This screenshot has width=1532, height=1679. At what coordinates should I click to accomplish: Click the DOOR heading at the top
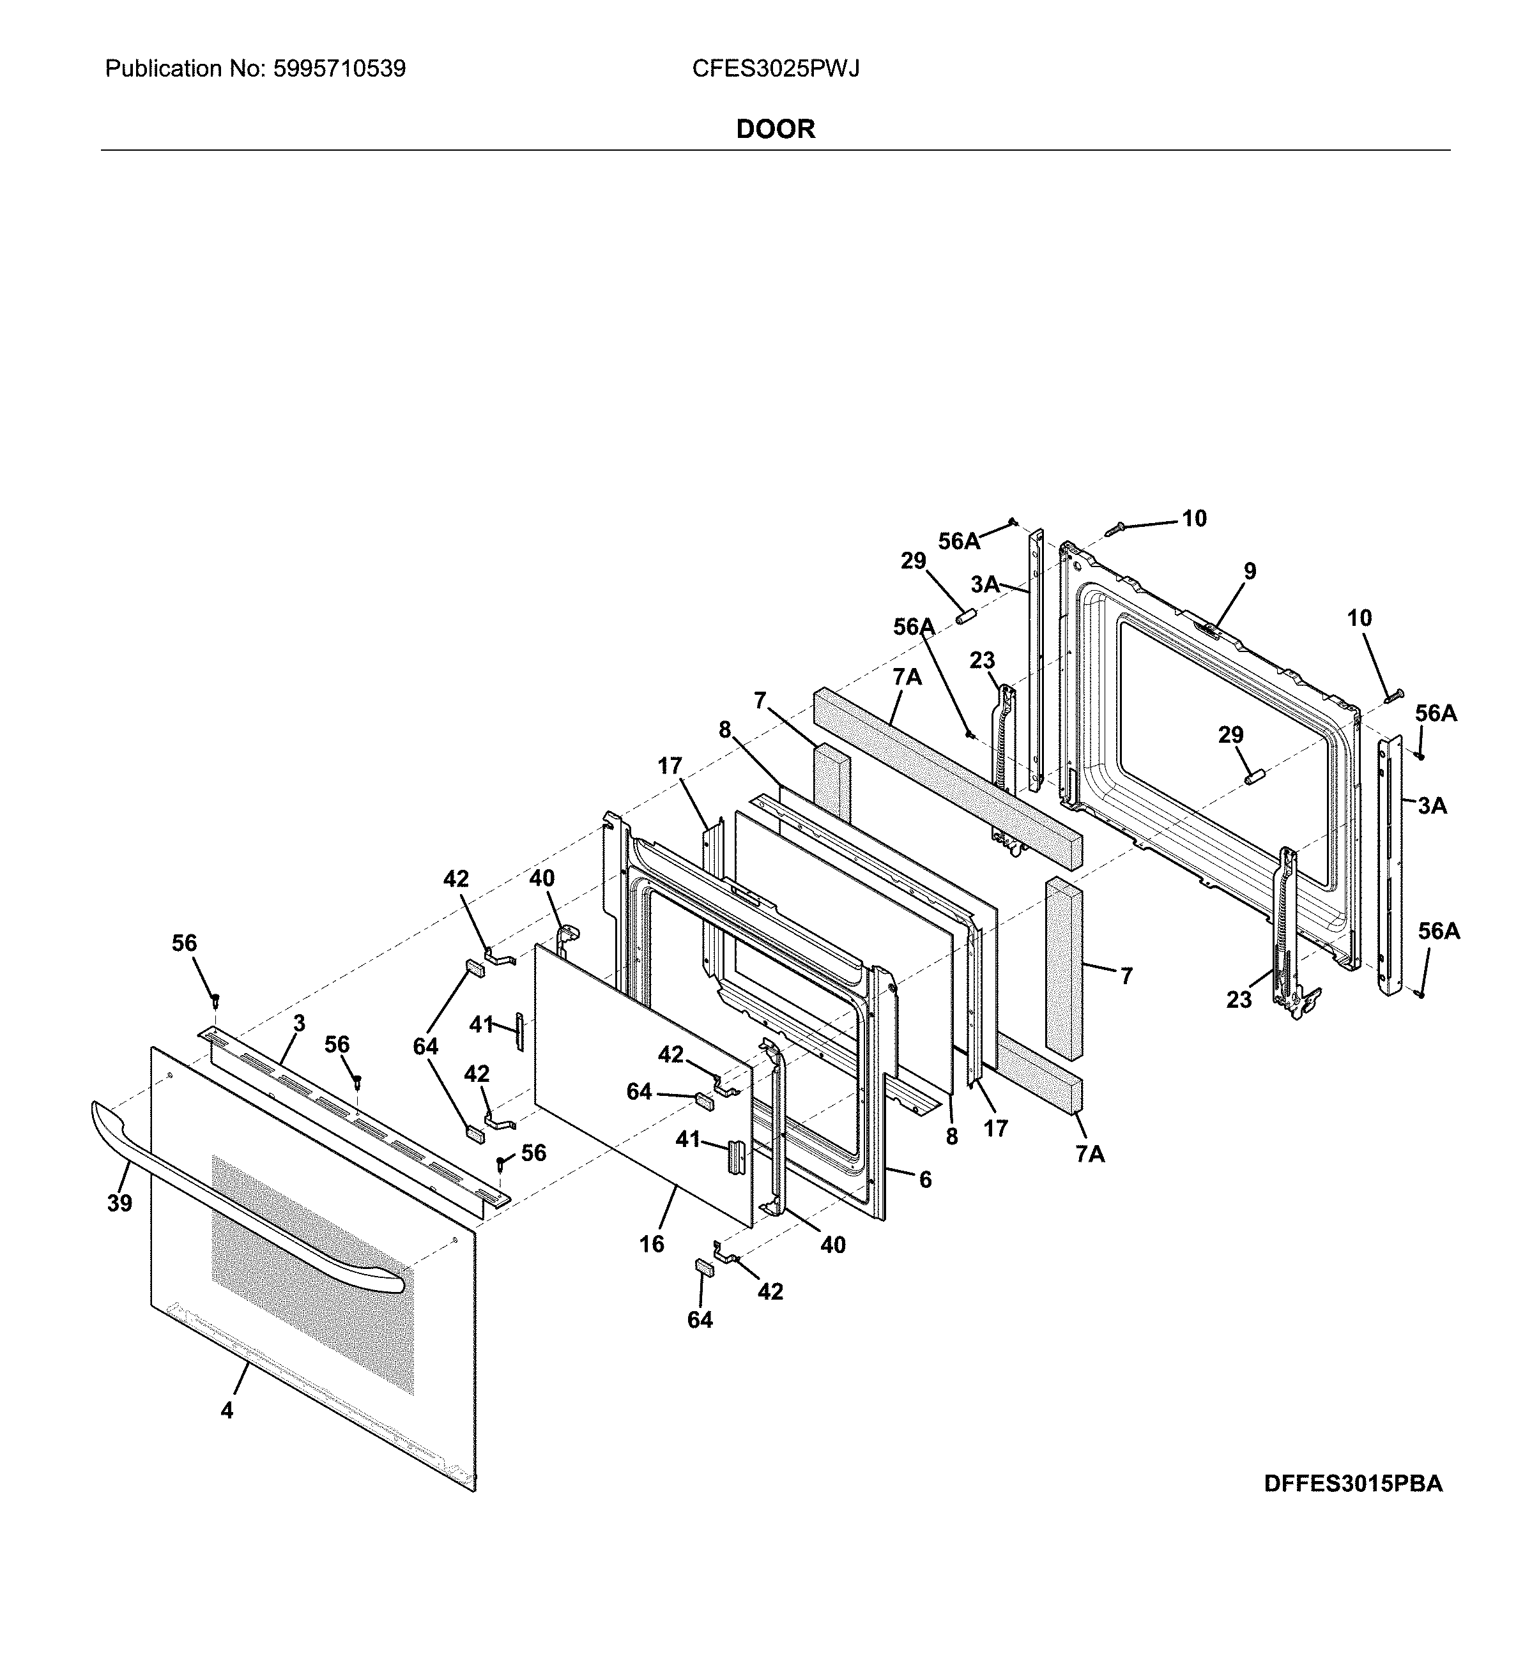(775, 129)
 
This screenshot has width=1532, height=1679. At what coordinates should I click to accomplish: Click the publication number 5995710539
(339, 69)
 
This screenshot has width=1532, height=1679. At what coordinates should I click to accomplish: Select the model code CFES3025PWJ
(775, 69)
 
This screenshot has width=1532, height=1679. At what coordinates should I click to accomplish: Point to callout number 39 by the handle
(119, 1203)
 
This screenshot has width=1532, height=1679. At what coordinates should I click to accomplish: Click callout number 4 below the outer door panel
(227, 1411)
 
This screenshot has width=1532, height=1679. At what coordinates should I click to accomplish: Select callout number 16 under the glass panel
(652, 1244)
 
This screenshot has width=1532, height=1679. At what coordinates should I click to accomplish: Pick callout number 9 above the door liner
(1250, 572)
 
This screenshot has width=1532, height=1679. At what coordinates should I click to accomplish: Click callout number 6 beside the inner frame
(924, 1180)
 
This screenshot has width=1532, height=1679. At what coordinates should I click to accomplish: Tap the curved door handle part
(250, 1183)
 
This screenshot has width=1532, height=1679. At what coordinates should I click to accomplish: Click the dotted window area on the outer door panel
(312, 1274)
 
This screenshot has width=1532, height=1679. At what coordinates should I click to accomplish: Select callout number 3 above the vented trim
(299, 1022)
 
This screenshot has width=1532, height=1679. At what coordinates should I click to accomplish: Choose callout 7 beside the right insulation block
(1126, 975)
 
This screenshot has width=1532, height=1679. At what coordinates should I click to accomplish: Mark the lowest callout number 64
(700, 1319)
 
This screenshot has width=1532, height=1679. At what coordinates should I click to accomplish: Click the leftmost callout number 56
(184, 943)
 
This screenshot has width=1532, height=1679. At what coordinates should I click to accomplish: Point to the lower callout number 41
(687, 1139)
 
